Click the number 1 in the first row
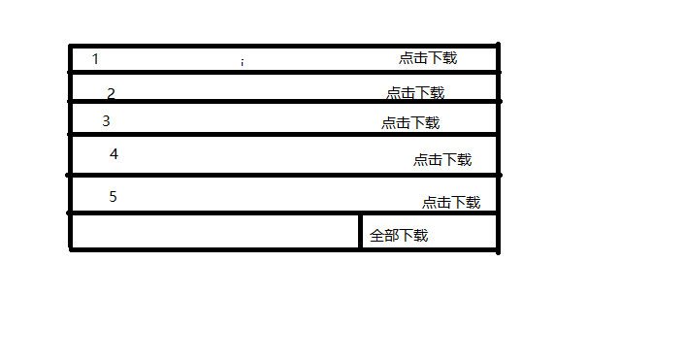tap(95, 59)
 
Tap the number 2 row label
tap(111, 94)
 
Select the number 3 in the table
tap(106, 121)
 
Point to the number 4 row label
tap(114, 154)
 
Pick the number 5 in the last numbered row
tap(113, 197)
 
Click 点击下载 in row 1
tap(427, 58)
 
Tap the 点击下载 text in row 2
tap(415, 93)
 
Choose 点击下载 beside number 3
tap(410, 123)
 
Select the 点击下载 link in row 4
tap(442, 160)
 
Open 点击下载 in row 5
tap(451, 203)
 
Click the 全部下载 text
tap(399, 236)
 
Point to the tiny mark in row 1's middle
tap(243, 62)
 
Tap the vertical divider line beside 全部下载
tap(361, 232)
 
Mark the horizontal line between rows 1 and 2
tap(281, 72)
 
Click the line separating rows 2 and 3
tap(281, 101)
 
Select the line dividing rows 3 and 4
tap(281, 135)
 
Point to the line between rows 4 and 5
tap(281, 176)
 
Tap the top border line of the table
tap(281, 45)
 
